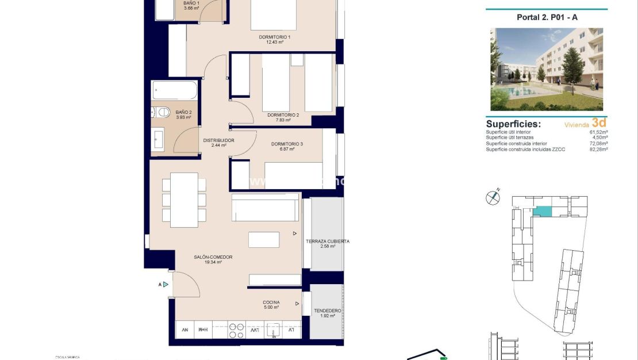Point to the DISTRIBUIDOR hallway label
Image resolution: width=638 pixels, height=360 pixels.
pyautogui.click(x=218, y=140)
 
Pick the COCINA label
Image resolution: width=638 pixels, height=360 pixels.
pyautogui.click(x=271, y=302)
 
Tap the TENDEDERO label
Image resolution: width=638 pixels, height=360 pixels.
pyautogui.click(x=328, y=311)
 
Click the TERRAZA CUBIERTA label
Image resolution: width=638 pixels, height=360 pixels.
pyautogui.click(x=327, y=242)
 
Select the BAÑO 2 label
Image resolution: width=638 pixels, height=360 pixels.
pyautogui.click(x=183, y=112)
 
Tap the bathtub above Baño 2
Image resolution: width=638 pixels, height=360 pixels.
pyautogui.click(x=174, y=90)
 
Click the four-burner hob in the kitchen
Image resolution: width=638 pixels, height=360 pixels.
pyautogui.click(x=236, y=330)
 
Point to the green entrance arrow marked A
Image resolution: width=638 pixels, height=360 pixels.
pyautogui.click(x=166, y=284)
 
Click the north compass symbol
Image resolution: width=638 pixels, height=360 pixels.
pyautogui.click(x=493, y=197)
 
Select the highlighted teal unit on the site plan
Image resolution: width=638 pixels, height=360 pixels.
pyautogui.click(x=541, y=212)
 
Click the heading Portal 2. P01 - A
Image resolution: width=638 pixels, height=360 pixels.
pyautogui.click(x=547, y=17)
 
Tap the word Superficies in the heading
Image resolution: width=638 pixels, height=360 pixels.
pyautogui.click(x=513, y=124)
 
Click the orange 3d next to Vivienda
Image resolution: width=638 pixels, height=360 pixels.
pyautogui.click(x=599, y=122)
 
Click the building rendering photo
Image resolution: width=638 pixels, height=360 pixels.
pyautogui.click(x=547, y=69)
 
